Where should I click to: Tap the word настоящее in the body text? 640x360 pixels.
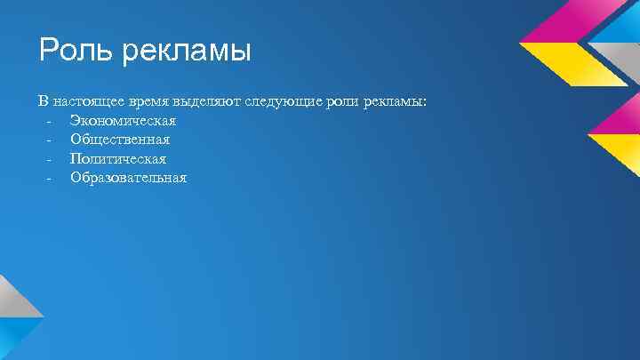(90, 102)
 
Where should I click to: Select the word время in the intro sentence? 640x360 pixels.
(151, 102)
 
